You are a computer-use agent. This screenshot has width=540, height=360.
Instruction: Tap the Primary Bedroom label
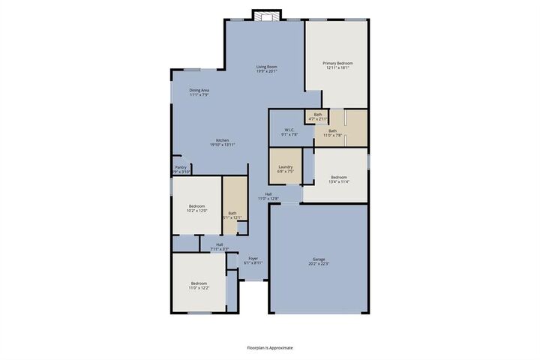click(337, 63)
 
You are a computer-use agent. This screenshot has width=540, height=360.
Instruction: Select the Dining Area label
click(199, 90)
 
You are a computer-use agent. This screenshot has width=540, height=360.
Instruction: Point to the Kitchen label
click(223, 141)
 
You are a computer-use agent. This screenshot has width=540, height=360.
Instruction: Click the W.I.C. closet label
click(289, 130)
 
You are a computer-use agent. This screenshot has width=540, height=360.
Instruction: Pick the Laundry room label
click(285, 166)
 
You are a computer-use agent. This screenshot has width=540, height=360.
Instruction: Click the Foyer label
click(253, 258)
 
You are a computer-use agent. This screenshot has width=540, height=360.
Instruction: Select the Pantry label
click(181, 167)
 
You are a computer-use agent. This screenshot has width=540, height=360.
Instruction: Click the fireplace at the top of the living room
click(265, 16)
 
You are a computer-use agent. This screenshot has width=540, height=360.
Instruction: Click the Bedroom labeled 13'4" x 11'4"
click(339, 177)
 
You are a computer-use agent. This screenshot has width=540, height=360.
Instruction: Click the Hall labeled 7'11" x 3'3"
click(220, 244)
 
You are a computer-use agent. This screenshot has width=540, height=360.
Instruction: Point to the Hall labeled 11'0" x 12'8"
click(268, 196)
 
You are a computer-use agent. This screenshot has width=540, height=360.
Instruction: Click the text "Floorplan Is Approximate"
click(270, 348)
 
